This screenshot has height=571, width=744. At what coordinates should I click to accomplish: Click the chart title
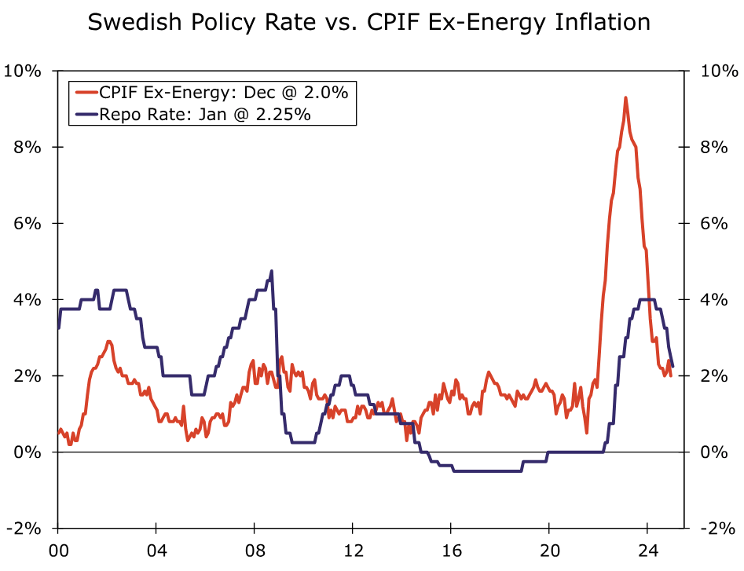click(x=369, y=22)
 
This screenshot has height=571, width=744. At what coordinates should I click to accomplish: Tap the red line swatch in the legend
click(x=85, y=92)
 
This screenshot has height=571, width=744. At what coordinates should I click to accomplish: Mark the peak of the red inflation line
click(x=625, y=98)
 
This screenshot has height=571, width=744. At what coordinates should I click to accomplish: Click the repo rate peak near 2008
click(x=272, y=272)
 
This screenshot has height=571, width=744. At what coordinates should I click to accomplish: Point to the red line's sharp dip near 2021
click(x=587, y=432)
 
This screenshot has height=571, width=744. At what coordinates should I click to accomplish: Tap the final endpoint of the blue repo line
click(x=673, y=366)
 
